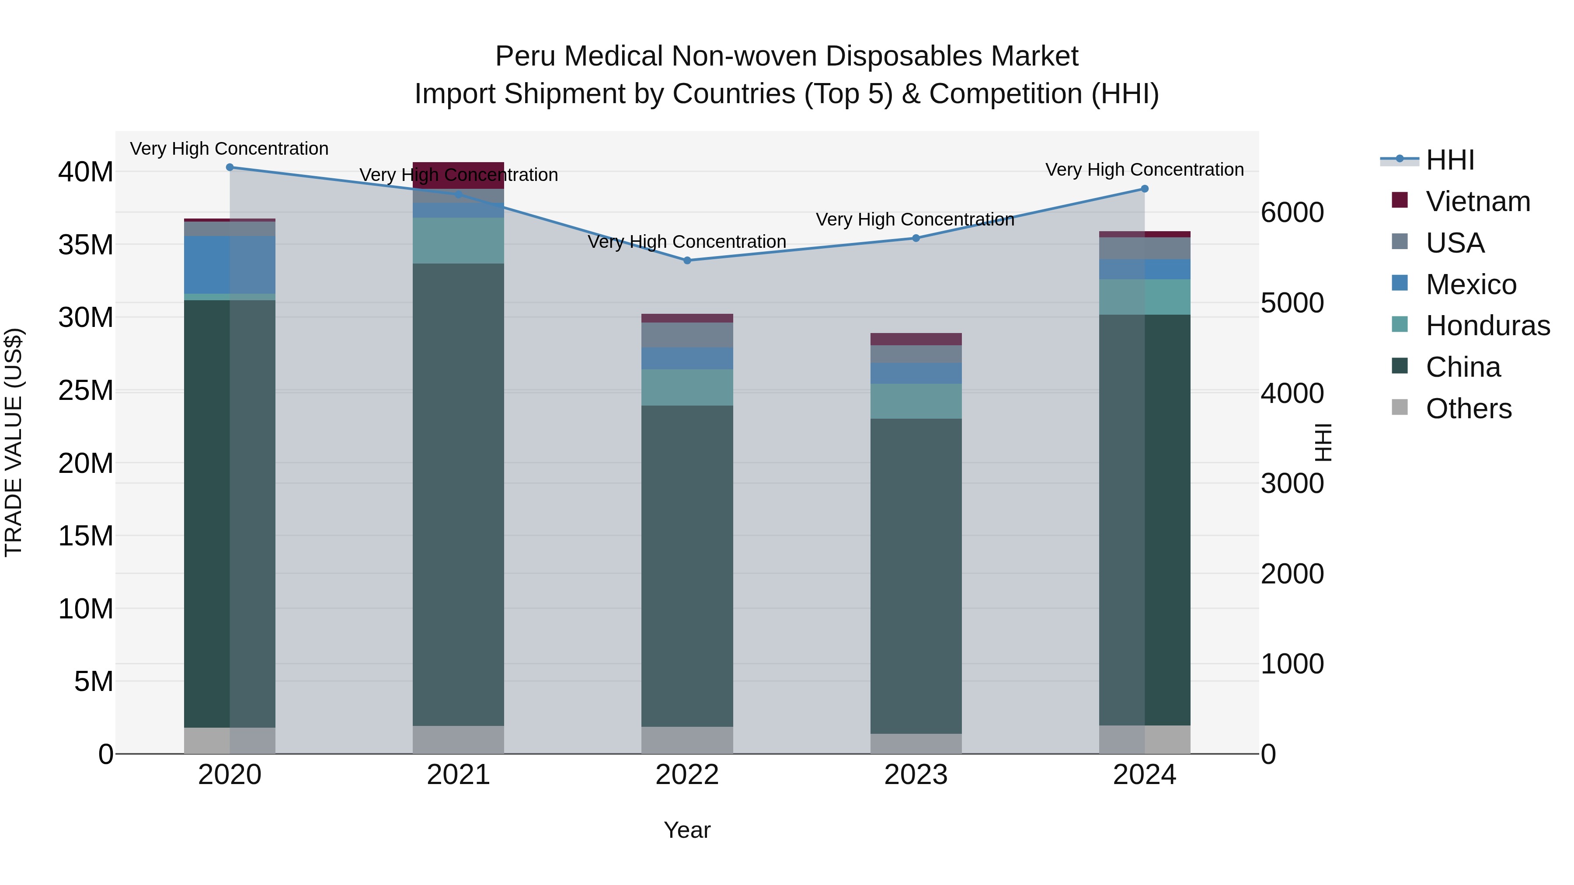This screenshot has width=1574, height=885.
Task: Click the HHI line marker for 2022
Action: point(687,260)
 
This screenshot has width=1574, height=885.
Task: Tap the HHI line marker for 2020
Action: point(230,167)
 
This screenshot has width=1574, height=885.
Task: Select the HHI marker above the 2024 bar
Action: point(1145,189)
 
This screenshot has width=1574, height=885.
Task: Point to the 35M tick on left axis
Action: point(86,245)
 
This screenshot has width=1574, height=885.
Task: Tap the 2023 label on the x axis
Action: point(915,775)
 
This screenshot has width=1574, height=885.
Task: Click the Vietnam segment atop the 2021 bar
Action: point(458,175)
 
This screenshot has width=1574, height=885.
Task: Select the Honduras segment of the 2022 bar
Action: point(687,387)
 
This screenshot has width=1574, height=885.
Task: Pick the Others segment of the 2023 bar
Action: point(915,743)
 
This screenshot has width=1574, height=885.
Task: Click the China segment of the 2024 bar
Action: point(1145,519)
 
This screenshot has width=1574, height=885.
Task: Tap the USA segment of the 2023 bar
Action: point(915,354)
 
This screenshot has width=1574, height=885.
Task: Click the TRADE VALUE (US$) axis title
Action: point(14,442)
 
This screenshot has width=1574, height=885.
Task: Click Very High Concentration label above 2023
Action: point(915,219)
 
